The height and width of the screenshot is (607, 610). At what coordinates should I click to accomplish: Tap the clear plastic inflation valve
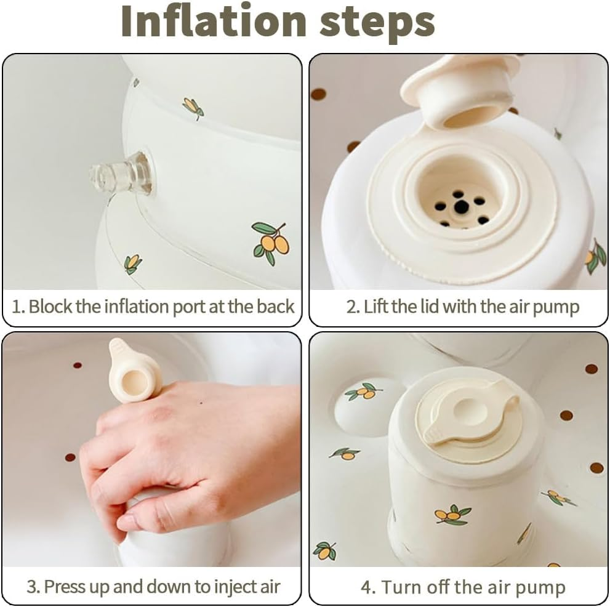pos(121,175)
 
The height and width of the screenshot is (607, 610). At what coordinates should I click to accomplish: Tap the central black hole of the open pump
pos(461,207)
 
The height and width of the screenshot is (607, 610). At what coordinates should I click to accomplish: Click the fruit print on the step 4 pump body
pos(452,515)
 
